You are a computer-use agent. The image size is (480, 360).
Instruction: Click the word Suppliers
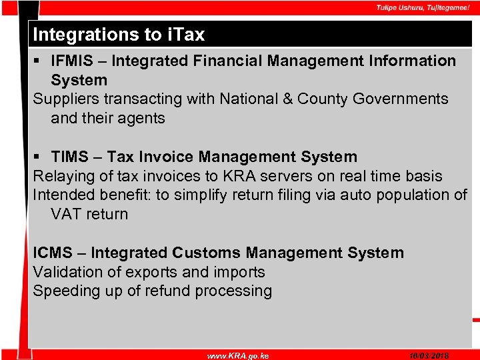(x=64, y=99)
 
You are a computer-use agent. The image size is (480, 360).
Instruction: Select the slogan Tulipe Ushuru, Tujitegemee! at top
(x=423, y=7)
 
